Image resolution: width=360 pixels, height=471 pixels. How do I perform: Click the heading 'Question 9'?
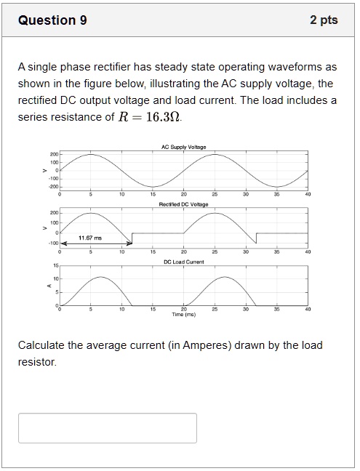(x=52, y=20)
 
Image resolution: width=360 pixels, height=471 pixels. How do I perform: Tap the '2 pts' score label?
(x=324, y=20)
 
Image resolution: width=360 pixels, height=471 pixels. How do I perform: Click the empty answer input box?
(x=108, y=427)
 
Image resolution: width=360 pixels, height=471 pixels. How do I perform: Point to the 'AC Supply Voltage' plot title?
(x=183, y=147)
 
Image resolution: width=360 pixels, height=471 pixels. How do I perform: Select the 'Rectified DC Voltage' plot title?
(x=183, y=204)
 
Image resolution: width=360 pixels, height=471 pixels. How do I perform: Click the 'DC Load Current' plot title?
(x=183, y=260)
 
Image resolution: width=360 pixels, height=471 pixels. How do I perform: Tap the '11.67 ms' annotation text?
(x=90, y=238)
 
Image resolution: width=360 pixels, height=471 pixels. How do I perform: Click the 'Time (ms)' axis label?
(x=183, y=314)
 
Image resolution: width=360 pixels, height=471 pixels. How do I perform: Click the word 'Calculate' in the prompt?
(x=41, y=345)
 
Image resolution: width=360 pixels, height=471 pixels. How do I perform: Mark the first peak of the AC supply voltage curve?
(x=91, y=154)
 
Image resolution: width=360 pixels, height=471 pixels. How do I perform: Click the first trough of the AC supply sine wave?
(x=153, y=188)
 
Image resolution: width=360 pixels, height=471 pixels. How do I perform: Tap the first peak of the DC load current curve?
(x=101, y=278)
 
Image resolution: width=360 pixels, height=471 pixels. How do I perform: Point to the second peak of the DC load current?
(x=225, y=278)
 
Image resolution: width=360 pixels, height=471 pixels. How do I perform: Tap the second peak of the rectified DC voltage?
(x=215, y=213)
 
